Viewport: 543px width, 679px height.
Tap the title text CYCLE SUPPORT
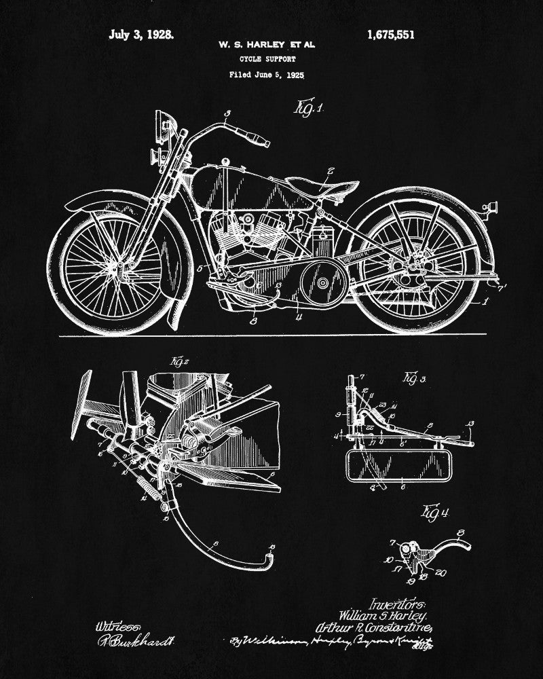pos(267,60)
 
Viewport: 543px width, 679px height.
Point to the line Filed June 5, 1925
pos(267,76)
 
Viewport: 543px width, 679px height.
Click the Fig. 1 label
pos(309,107)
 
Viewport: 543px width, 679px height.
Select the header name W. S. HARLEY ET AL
pos(267,45)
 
